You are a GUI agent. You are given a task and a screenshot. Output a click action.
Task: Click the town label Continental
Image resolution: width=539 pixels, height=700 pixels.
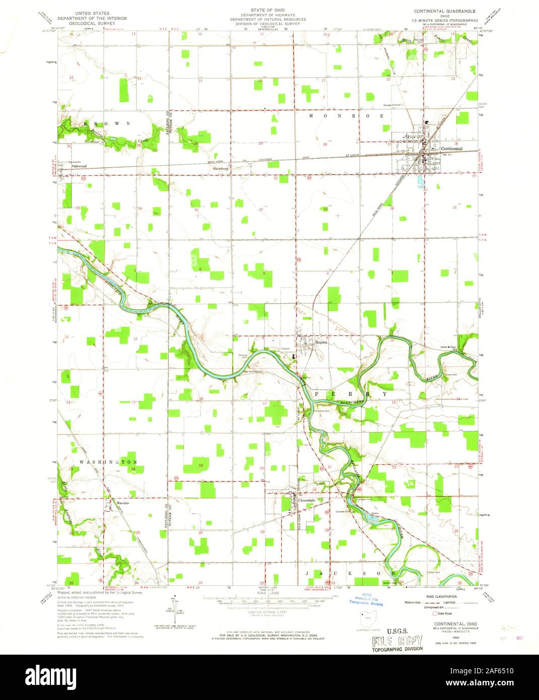coord(451,149)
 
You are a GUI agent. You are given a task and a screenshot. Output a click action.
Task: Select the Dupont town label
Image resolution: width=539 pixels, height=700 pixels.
coord(321,342)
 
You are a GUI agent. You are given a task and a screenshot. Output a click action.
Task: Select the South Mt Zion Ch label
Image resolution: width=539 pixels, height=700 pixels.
coord(437,348)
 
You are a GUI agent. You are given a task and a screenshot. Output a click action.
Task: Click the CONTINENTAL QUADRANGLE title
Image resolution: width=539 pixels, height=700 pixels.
coord(445,10)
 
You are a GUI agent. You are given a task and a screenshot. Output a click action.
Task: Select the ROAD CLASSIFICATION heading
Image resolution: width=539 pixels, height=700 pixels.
coord(441,596)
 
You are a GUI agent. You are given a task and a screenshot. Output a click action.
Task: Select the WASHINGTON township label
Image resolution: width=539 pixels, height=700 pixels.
coord(108,462)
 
